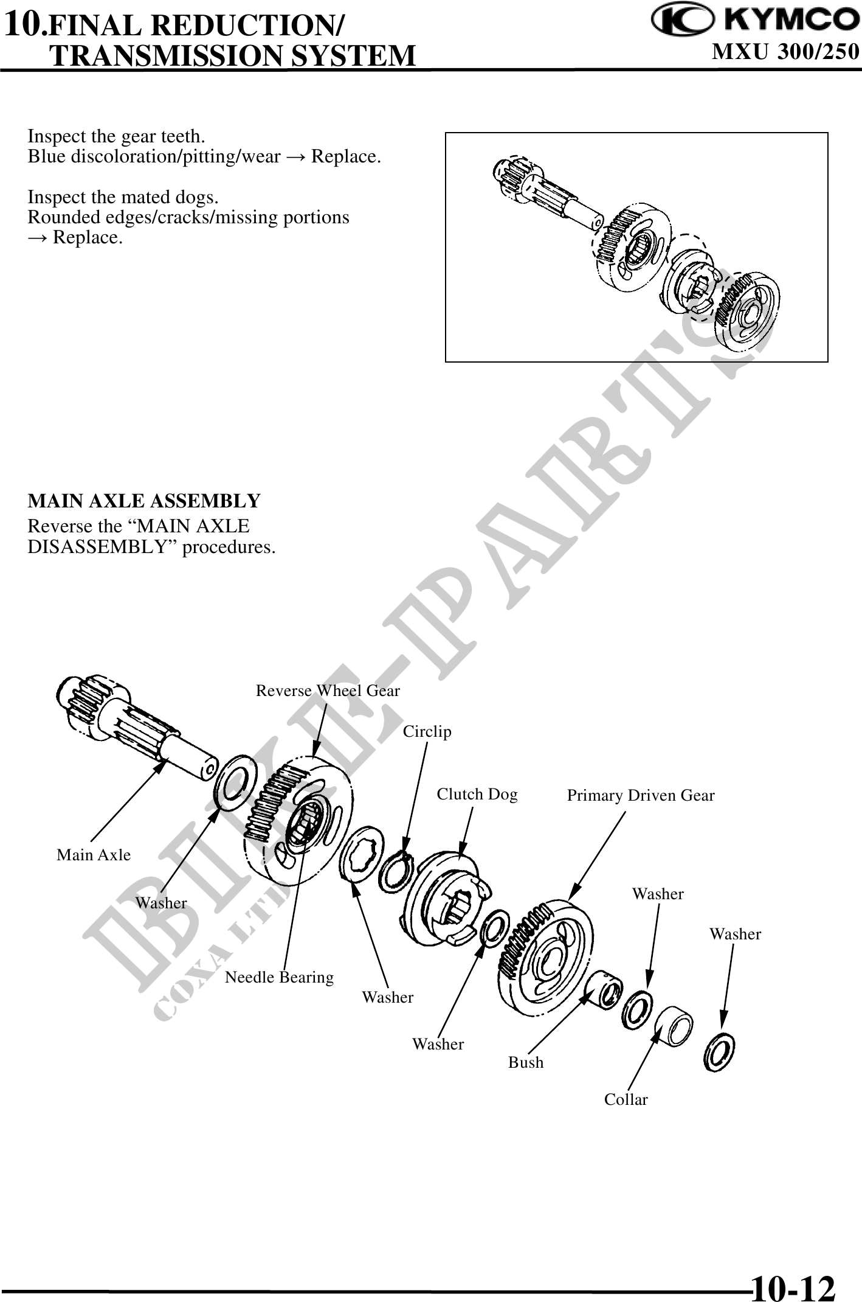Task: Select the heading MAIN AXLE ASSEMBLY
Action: click(144, 501)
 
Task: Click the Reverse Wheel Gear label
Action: click(328, 691)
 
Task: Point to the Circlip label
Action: click(427, 731)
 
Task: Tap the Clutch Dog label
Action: click(477, 794)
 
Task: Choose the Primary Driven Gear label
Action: click(641, 795)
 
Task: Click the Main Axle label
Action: click(94, 855)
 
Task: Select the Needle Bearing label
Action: click(279, 978)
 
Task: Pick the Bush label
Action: click(526, 1062)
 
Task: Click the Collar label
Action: click(626, 1099)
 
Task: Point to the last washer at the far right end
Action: click(719, 1053)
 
